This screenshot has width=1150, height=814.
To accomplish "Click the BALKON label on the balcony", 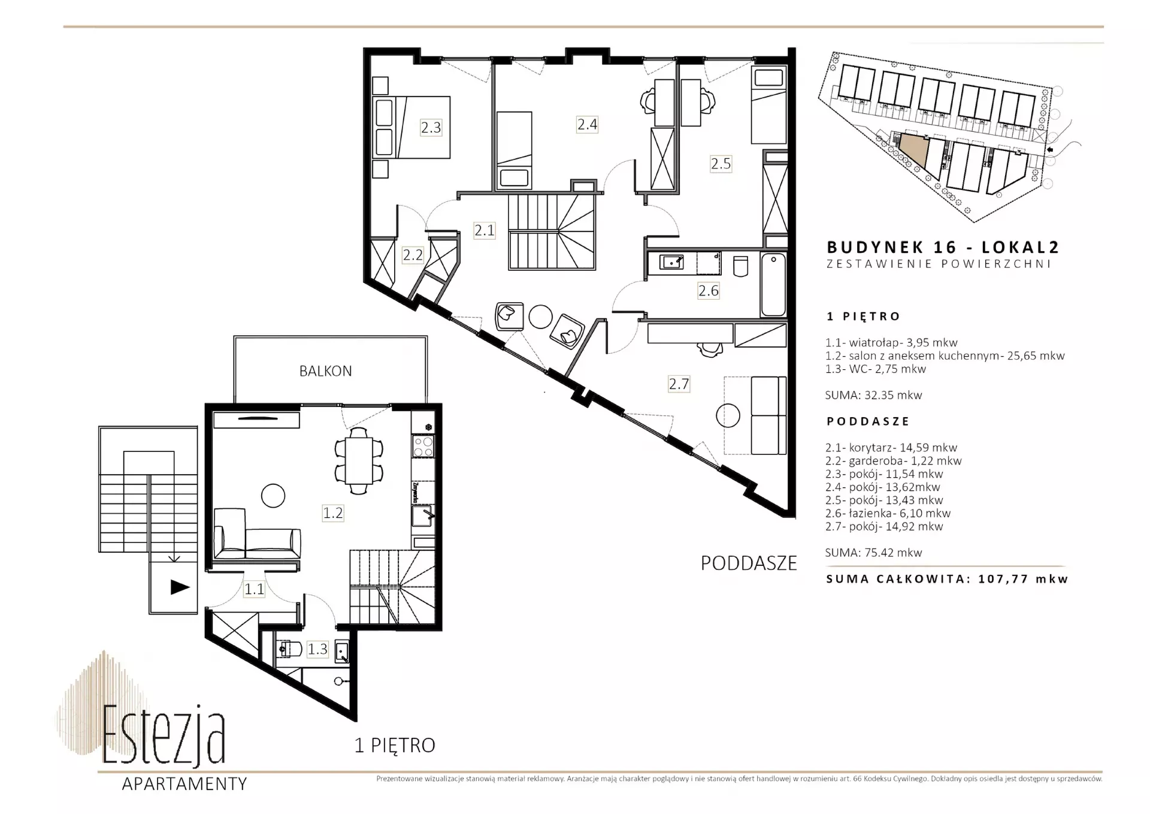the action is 325,371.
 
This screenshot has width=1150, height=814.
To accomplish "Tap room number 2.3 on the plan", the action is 431,127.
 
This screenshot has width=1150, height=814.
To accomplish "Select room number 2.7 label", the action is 679,384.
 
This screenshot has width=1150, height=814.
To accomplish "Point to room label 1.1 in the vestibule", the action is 254,589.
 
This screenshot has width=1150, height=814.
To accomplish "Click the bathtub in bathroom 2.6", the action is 773,284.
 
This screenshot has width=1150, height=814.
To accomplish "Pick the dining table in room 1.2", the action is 359,460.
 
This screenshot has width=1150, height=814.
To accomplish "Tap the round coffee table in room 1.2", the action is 273,496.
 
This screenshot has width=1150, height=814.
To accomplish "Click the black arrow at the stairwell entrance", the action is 180,587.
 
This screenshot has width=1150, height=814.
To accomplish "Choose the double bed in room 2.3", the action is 411,127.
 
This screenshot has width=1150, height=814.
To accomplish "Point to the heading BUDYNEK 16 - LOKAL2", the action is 943,247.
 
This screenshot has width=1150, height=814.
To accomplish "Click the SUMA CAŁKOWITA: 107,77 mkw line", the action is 947,579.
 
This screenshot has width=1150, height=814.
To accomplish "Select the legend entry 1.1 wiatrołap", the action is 891,343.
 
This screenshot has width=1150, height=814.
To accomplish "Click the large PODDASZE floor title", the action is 749,563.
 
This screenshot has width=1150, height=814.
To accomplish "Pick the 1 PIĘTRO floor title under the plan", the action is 395,745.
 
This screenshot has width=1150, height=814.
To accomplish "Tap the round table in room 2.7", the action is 728,415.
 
